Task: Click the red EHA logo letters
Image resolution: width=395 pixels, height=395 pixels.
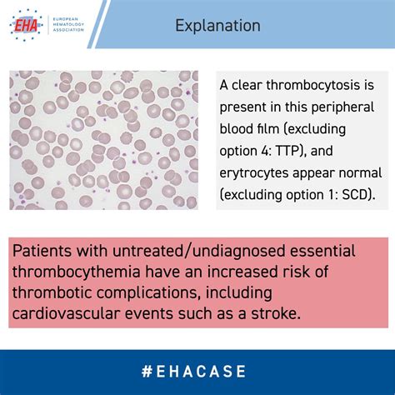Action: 26,25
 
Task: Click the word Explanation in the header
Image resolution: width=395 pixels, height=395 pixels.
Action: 217,26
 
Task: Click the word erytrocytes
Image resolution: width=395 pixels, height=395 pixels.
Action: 254,173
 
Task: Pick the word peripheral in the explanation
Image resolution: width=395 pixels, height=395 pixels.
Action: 342,107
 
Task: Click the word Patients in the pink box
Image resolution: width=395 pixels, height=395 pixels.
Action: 42,251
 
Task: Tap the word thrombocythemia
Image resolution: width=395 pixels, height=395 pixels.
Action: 77,272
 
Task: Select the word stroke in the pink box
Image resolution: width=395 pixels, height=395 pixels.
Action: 276,313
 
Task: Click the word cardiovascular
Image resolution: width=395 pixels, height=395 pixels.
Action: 67,313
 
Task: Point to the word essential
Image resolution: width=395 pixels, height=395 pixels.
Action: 322,251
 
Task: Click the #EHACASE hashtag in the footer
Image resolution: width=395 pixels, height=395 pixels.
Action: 193,372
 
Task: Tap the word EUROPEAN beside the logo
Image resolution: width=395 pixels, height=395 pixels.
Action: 66,19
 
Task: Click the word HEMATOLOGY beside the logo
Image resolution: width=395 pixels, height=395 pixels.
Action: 68,24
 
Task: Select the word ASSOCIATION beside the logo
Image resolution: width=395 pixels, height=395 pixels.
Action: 68,30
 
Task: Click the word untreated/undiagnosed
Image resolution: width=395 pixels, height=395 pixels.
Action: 199,251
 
